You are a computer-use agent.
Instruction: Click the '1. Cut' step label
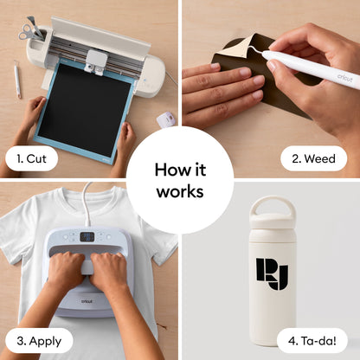31,158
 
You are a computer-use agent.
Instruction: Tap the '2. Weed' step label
313,158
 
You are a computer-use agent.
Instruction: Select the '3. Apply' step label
39,341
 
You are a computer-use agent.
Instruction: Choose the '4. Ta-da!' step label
312,341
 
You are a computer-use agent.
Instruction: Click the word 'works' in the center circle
180,191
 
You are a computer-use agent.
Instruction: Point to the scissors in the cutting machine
28,31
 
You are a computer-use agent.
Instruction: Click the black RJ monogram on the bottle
272,273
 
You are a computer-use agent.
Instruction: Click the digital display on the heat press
87,237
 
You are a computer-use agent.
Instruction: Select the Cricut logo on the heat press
87,301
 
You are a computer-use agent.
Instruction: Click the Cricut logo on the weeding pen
344,77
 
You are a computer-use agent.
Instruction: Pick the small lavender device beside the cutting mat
166,119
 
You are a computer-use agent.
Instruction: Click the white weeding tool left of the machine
17,79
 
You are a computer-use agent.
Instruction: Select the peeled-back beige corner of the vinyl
234,50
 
